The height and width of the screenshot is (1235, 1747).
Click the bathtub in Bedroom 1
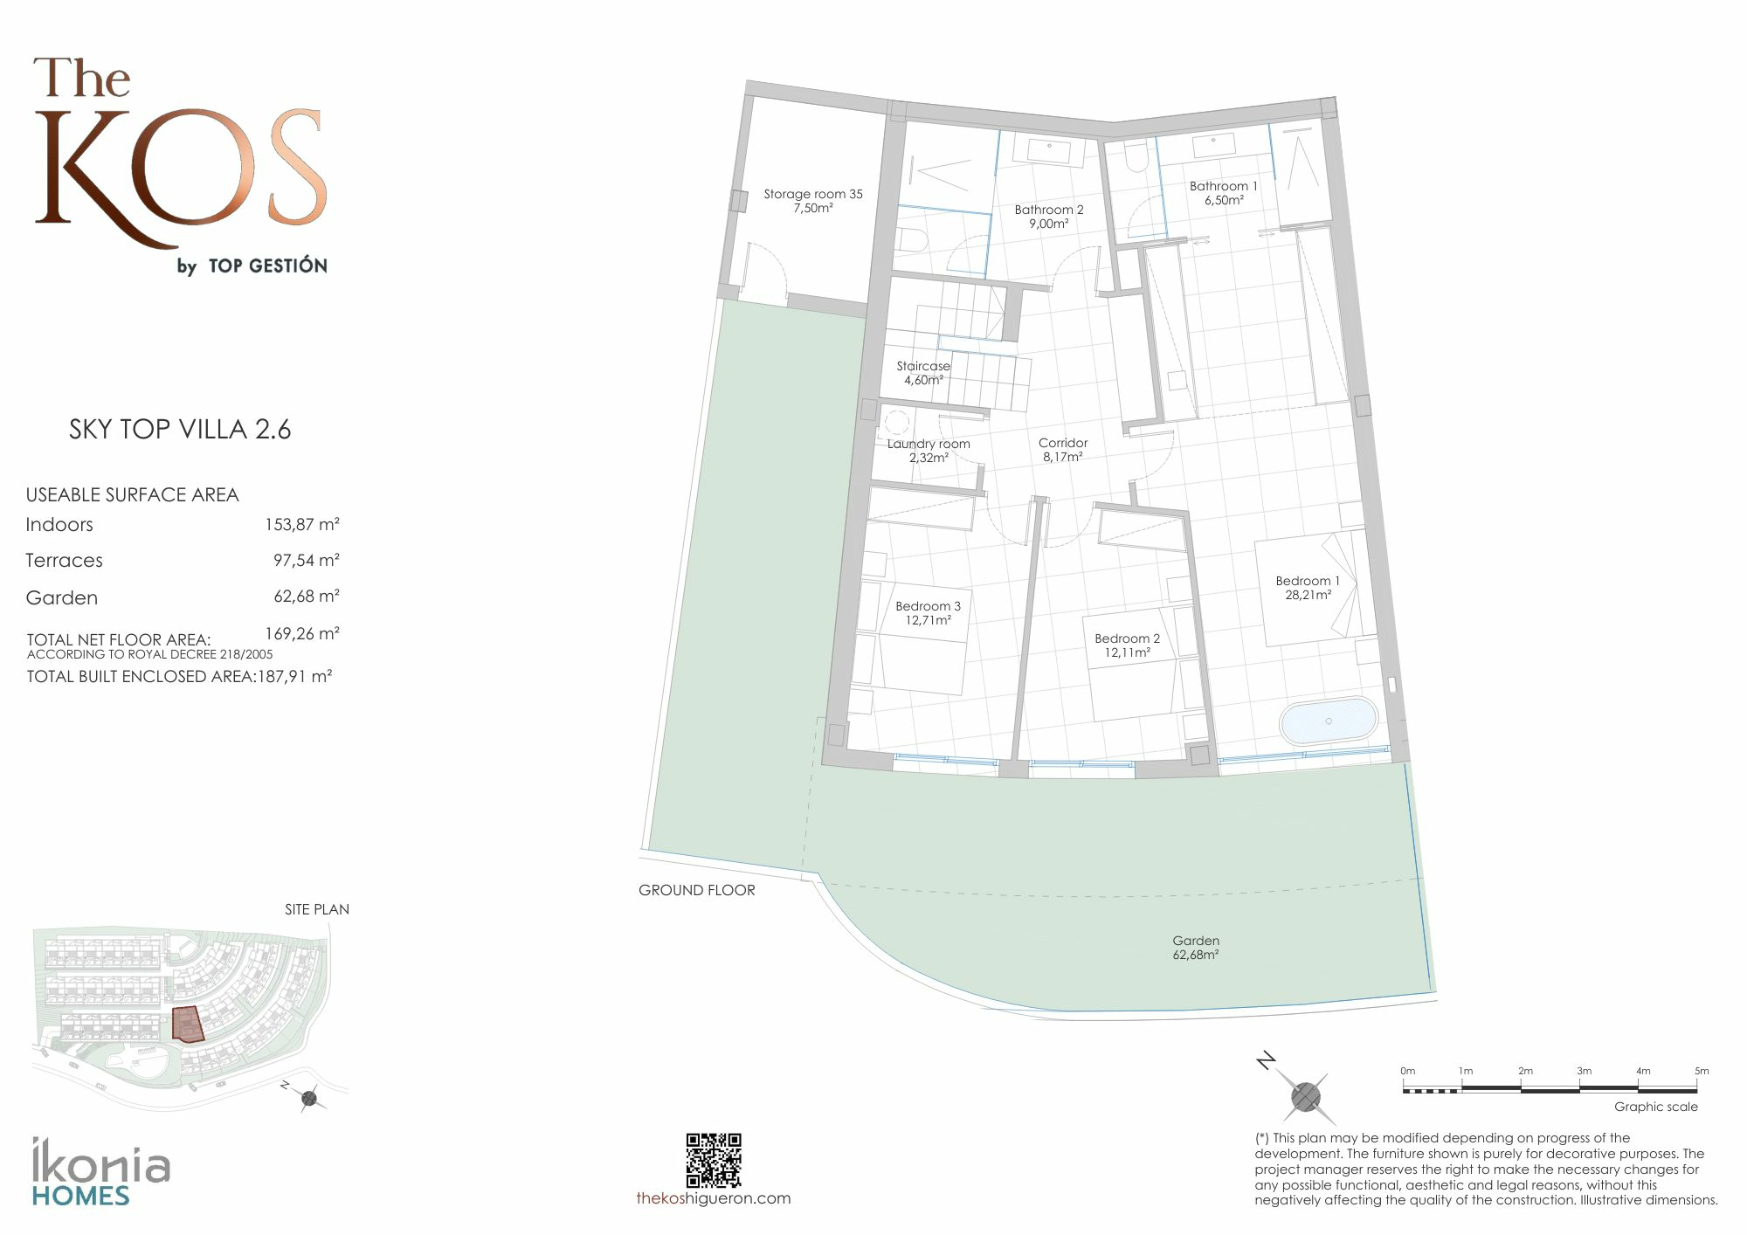(1329, 721)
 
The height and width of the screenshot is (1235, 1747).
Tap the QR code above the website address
(714, 1160)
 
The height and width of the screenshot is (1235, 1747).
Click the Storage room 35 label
(813, 201)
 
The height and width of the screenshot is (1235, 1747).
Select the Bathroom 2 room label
(1049, 217)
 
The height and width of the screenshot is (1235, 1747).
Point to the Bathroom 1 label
(1224, 193)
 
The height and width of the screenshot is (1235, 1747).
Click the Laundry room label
(929, 451)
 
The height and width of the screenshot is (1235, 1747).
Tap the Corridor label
(1063, 450)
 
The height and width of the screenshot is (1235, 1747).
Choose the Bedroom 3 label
(928, 613)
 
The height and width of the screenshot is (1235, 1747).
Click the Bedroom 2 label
(1127, 645)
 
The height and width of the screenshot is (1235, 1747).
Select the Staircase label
(923, 373)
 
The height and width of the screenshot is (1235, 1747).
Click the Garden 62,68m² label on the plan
(1196, 948)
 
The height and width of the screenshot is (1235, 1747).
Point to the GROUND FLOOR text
(697, 890)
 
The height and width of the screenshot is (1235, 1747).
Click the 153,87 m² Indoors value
(302, 525)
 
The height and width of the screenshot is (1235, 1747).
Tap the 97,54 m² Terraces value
(307, 561)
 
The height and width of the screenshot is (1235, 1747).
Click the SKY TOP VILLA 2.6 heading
(180, 429)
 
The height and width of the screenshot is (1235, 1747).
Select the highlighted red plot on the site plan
(188, 1025)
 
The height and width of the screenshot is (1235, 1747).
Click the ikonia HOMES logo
(101, 1171)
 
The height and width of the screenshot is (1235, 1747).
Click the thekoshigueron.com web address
(714, 1198)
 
